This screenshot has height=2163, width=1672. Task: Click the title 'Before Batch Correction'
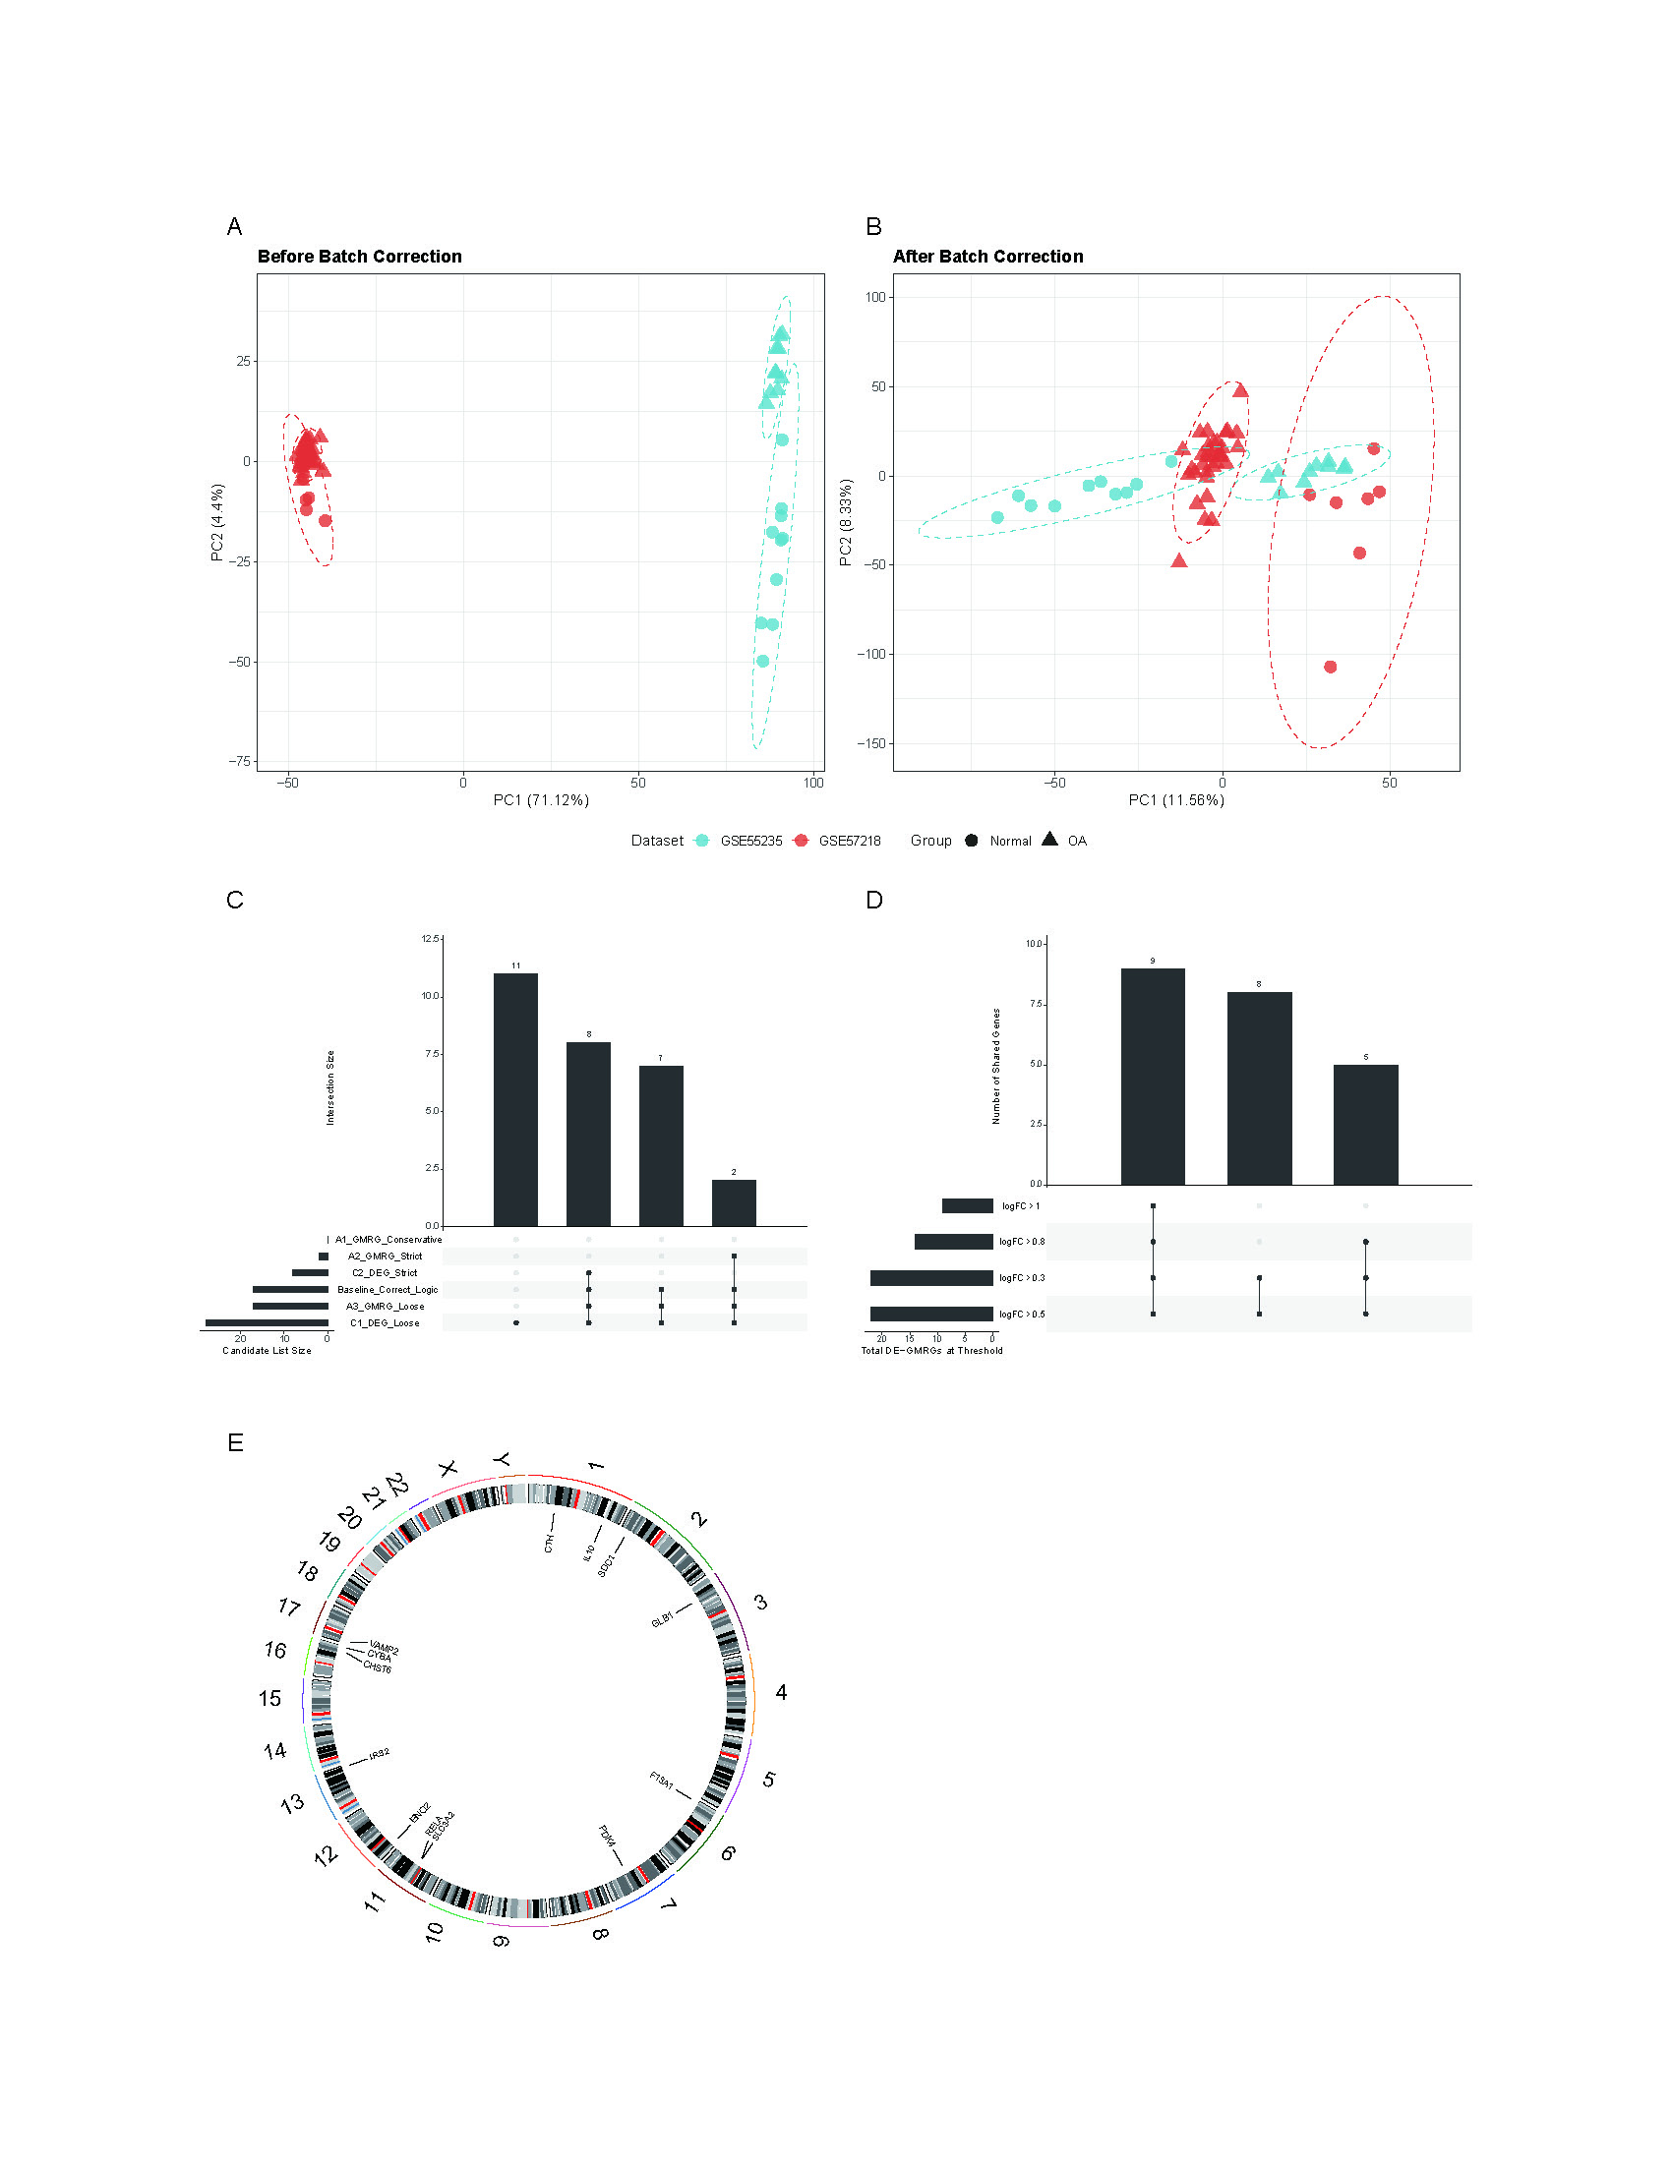(x=360, y=257)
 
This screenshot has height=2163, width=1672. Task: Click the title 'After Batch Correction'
(x=987, y=257)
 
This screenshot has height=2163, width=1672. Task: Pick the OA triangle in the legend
(x=1050, y=840)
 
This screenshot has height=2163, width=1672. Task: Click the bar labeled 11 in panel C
(x=515, y=1099)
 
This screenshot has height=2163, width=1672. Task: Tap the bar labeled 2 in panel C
(x=733, y=1202)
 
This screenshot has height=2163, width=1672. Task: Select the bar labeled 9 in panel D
(x=1152, y=1077)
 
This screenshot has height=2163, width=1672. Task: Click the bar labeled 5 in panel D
(x=1365, y=1124)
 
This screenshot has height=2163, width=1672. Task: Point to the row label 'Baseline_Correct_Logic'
(x=388, y=1290)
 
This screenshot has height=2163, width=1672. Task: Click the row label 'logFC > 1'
(x=1020, y=1206)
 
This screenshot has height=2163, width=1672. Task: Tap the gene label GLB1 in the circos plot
(x=662, y=1619)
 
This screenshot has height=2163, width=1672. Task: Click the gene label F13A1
(x=662, y=1781)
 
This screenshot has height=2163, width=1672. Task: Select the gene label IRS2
(x=379, y=1754)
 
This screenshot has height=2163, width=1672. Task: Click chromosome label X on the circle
(x=448, y=1468)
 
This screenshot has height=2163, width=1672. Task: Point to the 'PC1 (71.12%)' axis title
(x=541, y=800)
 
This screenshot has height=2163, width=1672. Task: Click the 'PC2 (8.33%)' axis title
(x=845, y=523)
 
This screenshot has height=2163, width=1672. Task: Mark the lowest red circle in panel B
(x=1331, y=667)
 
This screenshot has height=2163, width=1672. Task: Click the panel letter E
(x=235, y=1443)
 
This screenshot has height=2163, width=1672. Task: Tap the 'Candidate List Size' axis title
(x=267, y=1351)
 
